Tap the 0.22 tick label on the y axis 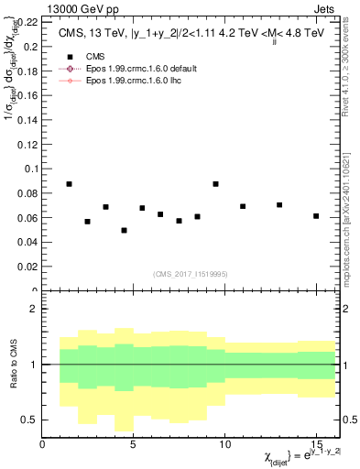tap(27, 20)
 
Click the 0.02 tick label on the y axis tap(27, 267)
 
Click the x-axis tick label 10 tap(224, 445)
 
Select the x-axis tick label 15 tap(315, 445)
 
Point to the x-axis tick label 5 tap(134, 445)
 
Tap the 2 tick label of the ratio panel tap(34, 309)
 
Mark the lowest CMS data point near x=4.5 tap(124, 230)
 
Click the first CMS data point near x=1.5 tap(70, 184)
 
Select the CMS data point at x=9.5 tap(215, 184)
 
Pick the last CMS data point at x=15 tap(315, 216)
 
